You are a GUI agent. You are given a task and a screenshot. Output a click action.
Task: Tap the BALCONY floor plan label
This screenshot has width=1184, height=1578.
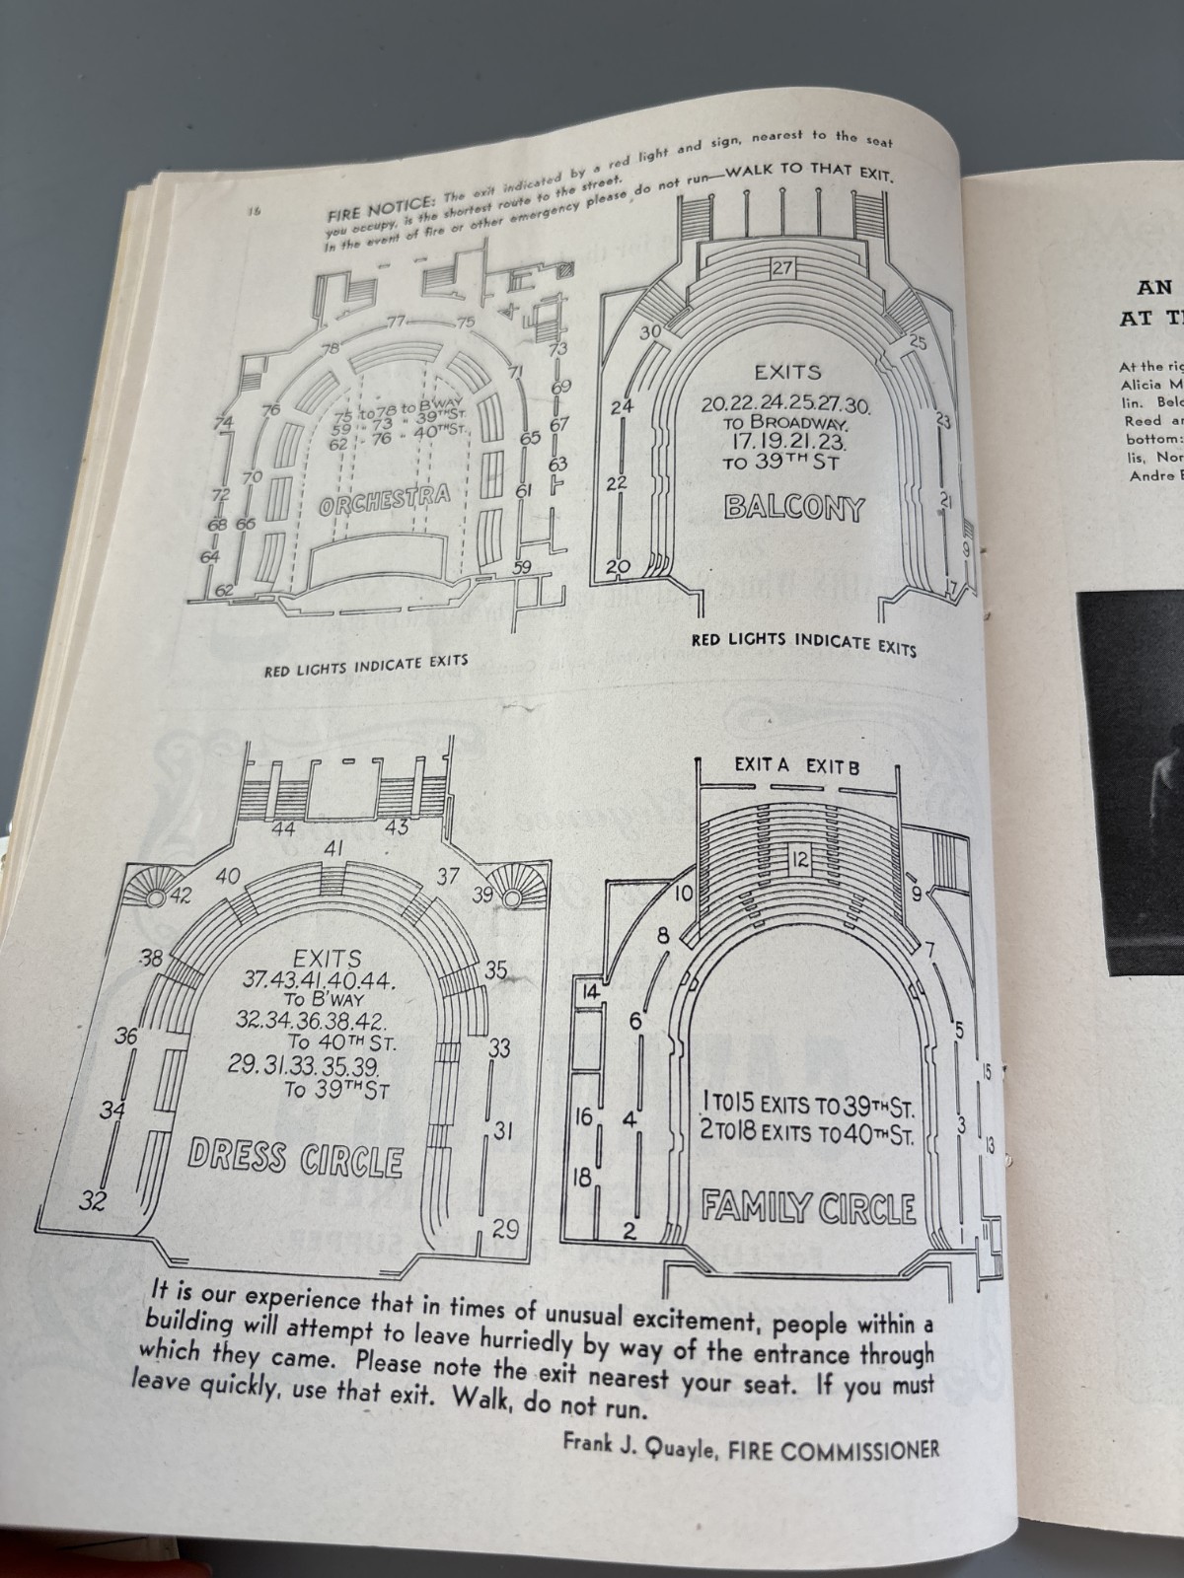point(793,508)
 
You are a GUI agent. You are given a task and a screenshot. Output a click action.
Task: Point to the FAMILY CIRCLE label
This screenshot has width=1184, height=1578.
point(808,1206)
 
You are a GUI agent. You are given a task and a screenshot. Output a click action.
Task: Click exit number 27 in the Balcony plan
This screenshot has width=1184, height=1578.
point(783,268)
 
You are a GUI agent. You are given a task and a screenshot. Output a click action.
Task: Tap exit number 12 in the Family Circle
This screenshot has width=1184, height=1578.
point(799,860)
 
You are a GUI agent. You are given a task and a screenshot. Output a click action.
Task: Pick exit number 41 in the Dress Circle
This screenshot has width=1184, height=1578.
point(334,848)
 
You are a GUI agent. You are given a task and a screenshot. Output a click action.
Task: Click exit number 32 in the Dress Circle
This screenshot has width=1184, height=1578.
point(94,1200)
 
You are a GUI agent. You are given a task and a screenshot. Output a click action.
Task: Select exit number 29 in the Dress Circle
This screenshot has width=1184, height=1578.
point(505,1229)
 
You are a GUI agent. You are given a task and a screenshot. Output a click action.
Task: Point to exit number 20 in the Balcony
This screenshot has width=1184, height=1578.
point(619,567)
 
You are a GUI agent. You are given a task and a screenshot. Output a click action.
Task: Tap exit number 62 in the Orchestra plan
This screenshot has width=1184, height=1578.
point(225,590)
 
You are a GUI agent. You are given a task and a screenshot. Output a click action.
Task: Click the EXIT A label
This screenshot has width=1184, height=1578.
point(764,764)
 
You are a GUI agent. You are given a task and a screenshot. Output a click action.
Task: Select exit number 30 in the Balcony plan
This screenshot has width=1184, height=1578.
point(648,332)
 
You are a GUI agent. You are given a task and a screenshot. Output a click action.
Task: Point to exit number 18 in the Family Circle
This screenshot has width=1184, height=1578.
point(583,1177)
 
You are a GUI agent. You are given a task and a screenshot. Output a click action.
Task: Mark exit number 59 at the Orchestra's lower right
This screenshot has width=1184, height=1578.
point(522,565)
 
